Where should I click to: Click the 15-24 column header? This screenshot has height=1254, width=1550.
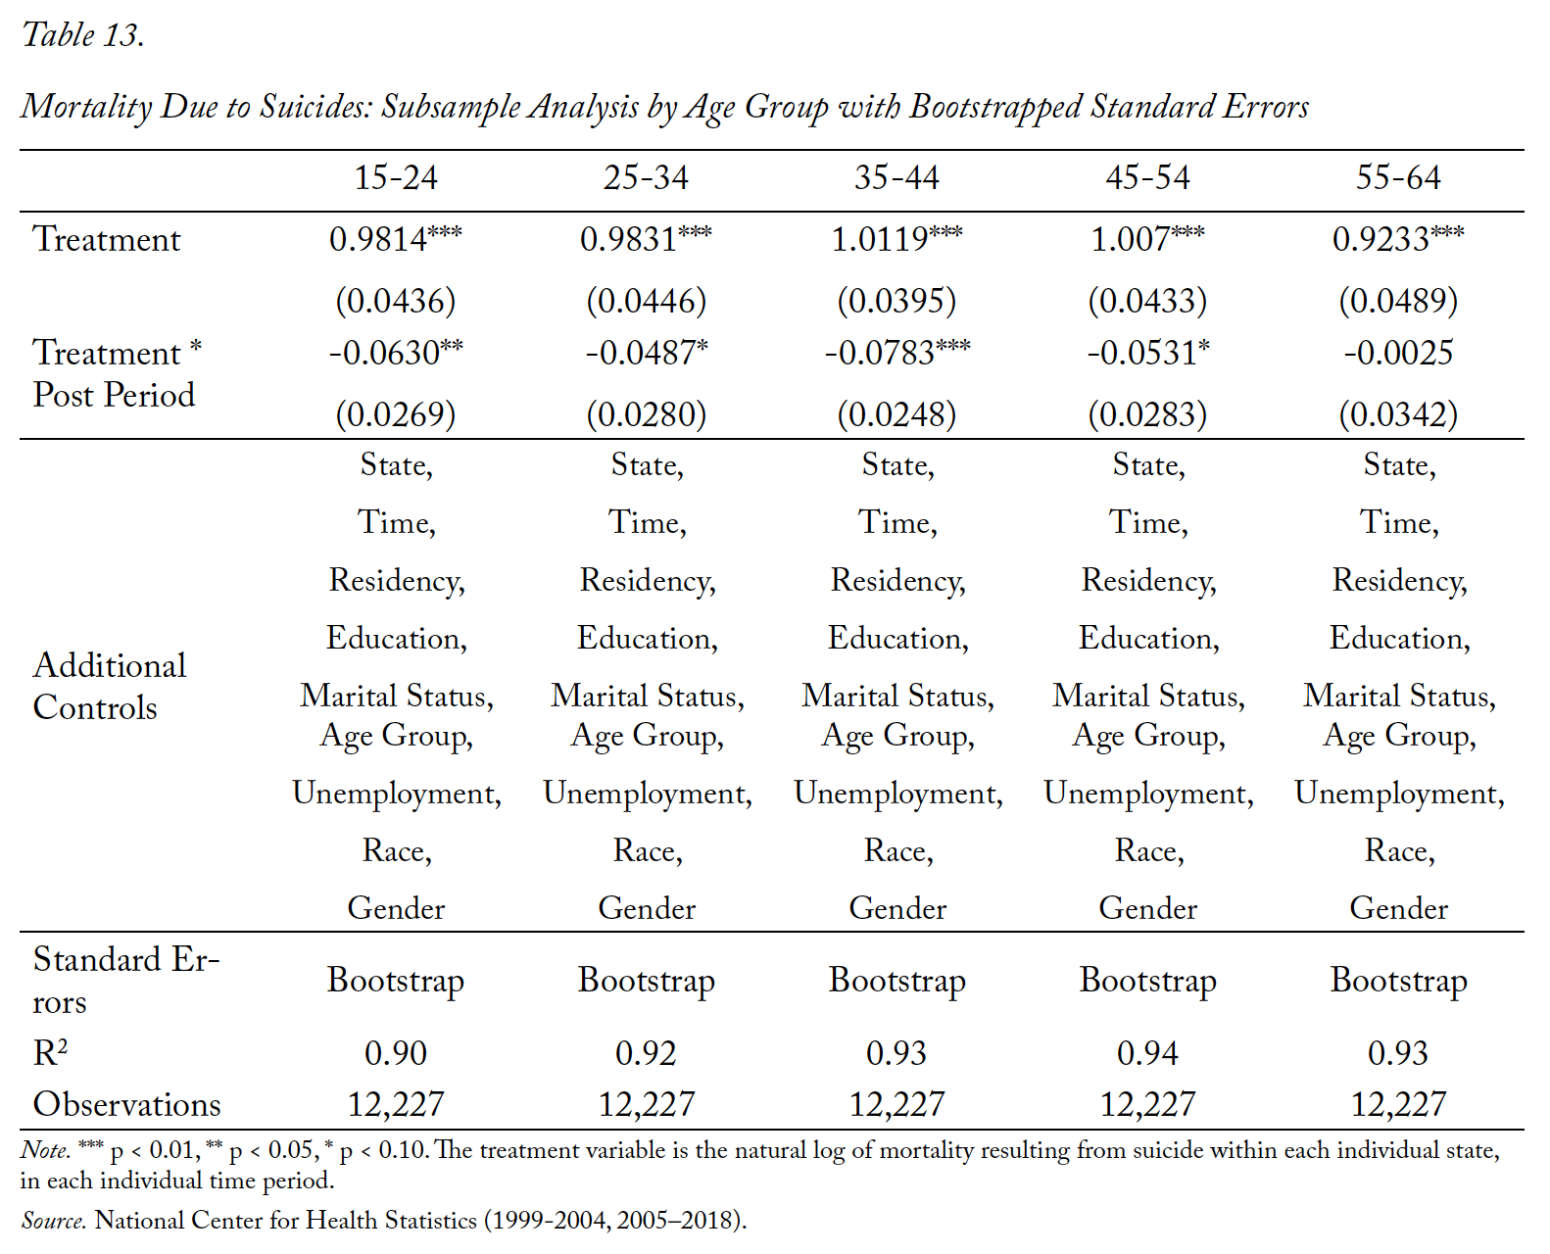395,177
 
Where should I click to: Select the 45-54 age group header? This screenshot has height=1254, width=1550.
1147,177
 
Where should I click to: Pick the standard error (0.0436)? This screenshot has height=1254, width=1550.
395,301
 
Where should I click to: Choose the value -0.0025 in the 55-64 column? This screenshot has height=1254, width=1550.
1398,353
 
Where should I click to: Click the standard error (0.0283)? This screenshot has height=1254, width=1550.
1147,413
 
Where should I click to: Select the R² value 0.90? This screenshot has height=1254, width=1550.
395,1052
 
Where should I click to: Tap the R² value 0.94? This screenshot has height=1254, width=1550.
1147,1052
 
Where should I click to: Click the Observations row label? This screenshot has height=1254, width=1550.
126,1103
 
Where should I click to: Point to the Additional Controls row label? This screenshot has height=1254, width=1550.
109,686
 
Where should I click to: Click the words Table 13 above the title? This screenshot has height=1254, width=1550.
83,35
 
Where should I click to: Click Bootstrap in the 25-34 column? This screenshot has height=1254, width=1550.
647,981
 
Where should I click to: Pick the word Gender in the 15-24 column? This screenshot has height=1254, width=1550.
395,908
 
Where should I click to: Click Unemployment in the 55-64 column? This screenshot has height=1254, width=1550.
1399,793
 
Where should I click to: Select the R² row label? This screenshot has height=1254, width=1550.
50,1052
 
